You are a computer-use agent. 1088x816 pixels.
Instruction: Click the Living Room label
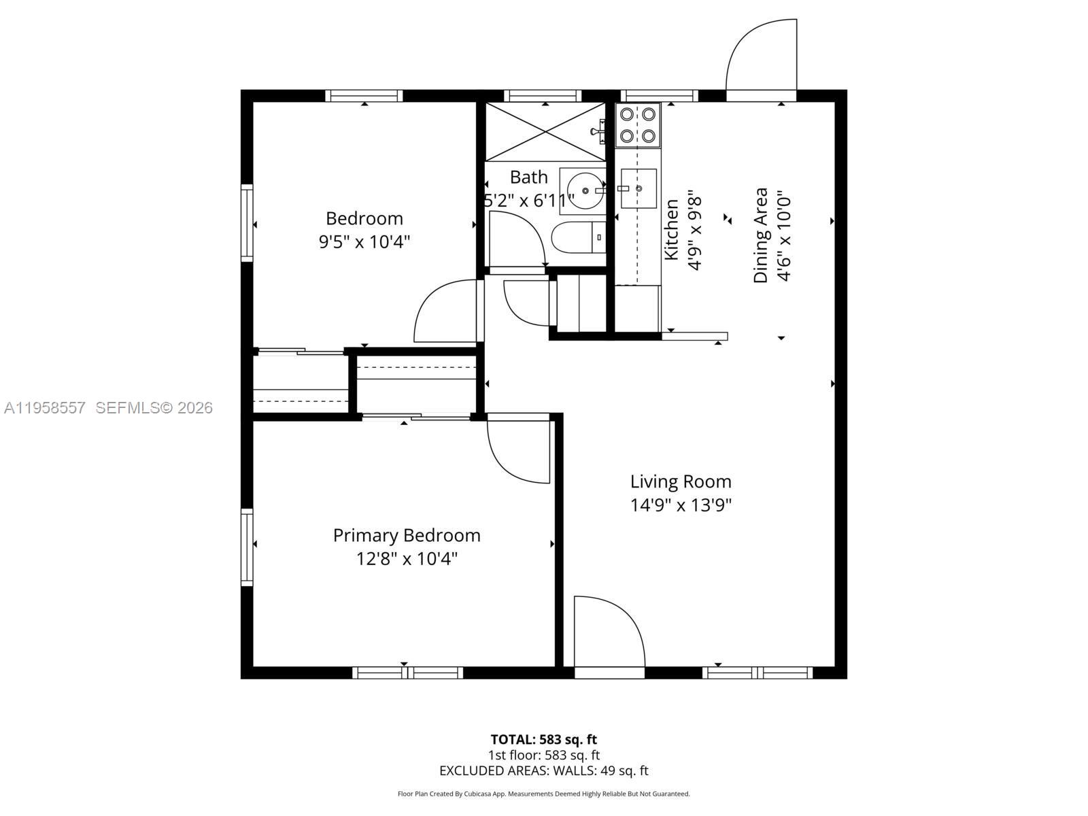pos(680,481)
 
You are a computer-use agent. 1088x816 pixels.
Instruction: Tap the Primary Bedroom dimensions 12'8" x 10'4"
pos(407,559)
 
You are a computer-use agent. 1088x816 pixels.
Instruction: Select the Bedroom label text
pos(364,218)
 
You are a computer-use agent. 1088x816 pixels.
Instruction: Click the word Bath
pos(528,177)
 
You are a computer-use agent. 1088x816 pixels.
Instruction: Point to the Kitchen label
pos(672,229)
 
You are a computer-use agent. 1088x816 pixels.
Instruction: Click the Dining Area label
pos(761,235)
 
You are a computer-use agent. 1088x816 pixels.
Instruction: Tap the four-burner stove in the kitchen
pos(637,125)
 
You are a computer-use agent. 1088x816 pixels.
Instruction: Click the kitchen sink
pos(637,188)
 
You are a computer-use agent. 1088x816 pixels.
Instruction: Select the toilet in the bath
pos(577,237)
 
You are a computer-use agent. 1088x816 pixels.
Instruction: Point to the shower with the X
pos(545,132)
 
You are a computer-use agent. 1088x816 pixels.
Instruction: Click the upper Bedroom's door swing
pos(445,313)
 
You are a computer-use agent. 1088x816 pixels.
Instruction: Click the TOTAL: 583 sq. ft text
pos(543,739)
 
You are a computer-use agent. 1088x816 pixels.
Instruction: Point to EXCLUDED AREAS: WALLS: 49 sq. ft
pos(543,770)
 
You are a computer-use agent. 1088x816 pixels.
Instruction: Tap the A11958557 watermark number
pos(45,407)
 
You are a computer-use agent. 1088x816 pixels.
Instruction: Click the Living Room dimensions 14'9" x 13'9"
pos(680,505)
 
